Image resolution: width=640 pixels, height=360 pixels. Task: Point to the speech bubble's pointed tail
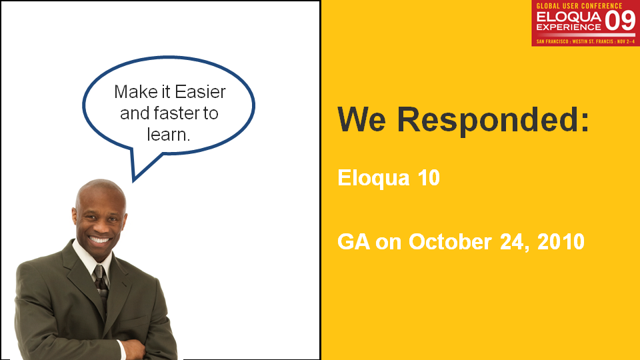[x=134, y=179]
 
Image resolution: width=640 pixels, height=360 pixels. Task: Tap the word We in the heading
[x=361, y=119]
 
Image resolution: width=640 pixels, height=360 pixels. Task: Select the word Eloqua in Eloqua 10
[x=373, y=179]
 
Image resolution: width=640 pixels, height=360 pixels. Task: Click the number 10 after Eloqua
[x=429, y=177]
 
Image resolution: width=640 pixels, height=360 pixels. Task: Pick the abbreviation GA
[x=354, y=241]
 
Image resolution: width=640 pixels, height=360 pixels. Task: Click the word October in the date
[x=450, y=241]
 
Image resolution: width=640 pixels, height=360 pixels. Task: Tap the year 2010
[x=561, y=241]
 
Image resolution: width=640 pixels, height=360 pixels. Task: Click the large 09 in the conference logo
[x=619, y=21]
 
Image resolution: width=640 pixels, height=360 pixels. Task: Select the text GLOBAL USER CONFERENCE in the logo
[x=579, y=6]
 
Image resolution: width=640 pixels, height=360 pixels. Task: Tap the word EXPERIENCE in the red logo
[x=569, y=27]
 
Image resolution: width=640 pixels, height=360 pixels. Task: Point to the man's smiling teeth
[x=99, y=239]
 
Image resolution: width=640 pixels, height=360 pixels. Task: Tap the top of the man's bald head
[x=101, y=182]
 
